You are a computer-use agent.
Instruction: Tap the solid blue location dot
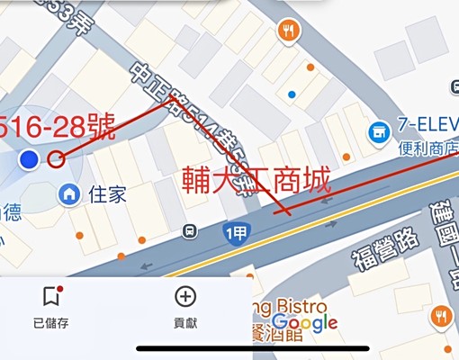coord(30,159)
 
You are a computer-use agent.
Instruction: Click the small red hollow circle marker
coord(56,160)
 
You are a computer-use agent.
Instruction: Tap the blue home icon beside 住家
coord(68,193)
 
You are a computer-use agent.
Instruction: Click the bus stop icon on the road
coord(189,229)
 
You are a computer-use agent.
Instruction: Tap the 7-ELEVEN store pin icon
coord(378,133)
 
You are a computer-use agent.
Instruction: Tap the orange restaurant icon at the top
coord(289,32)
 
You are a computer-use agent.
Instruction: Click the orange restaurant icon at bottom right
coord(440,316)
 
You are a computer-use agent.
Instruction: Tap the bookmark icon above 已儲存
coord(50,295)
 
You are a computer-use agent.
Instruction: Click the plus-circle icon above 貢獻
coord(185,295)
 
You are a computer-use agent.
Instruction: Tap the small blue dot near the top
coord(291,94)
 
